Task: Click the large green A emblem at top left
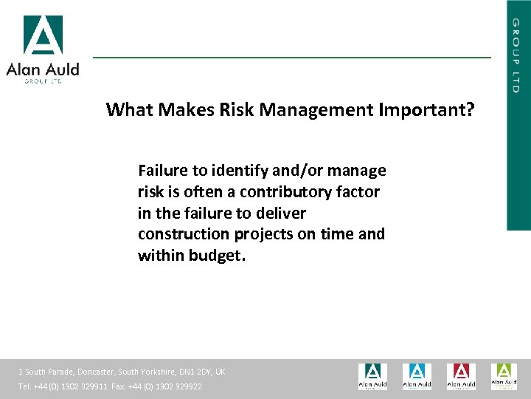pos(43,35)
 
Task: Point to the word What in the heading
pos(128,110)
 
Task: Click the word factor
pos(357,192)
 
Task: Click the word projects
pos(264,234)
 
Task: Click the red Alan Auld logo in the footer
pos(460,376)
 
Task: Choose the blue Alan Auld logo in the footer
pos(417,376)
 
